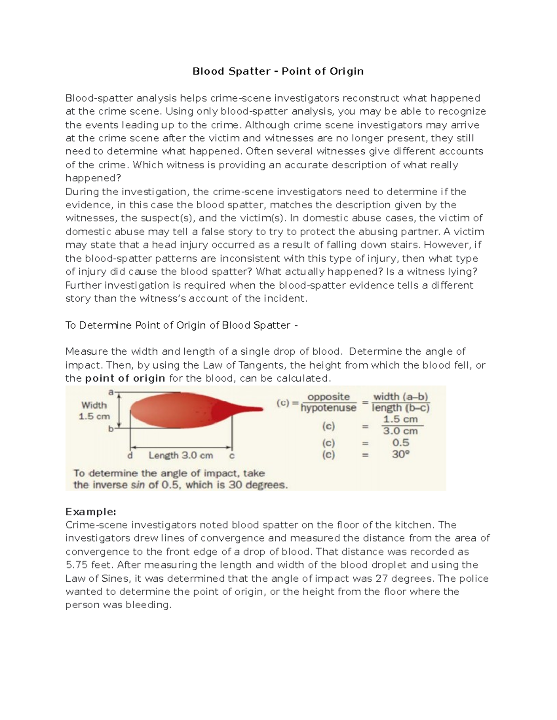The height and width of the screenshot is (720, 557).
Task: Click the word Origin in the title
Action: tap(346, 71)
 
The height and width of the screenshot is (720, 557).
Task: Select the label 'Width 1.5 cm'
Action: tap(94, 410)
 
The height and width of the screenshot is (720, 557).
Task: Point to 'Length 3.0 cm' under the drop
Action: tap(181, 455)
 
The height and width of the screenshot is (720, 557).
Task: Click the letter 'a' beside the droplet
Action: tap(110, 392)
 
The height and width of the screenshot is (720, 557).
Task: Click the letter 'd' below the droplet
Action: tap(130, 455)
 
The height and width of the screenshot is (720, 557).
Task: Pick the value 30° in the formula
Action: tap(401, 454)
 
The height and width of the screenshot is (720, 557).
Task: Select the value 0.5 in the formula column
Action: tap(401, 442)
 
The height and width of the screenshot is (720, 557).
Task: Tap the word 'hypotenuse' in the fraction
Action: tap(329, 408)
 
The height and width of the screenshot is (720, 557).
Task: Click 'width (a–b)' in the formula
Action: tap(401, 397)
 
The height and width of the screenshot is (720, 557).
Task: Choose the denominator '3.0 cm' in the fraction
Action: tap(401, 431)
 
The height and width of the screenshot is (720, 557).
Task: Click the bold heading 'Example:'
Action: tap(91, 511)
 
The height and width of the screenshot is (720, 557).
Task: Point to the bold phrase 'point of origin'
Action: tap(125, 378)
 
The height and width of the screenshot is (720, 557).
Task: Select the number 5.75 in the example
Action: tap(76, 565)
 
